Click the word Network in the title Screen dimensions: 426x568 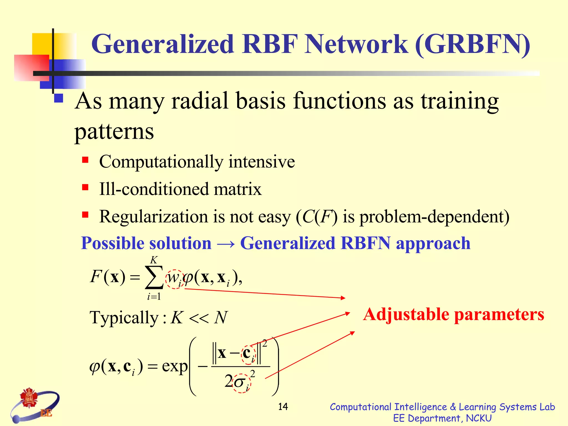356,44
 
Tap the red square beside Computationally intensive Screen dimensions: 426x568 85,160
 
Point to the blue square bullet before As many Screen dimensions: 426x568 59,98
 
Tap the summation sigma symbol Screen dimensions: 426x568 154,277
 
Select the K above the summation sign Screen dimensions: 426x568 154,260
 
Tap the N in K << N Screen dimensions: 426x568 221,318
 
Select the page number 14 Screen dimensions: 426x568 283,407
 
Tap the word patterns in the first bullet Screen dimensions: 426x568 114,131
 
